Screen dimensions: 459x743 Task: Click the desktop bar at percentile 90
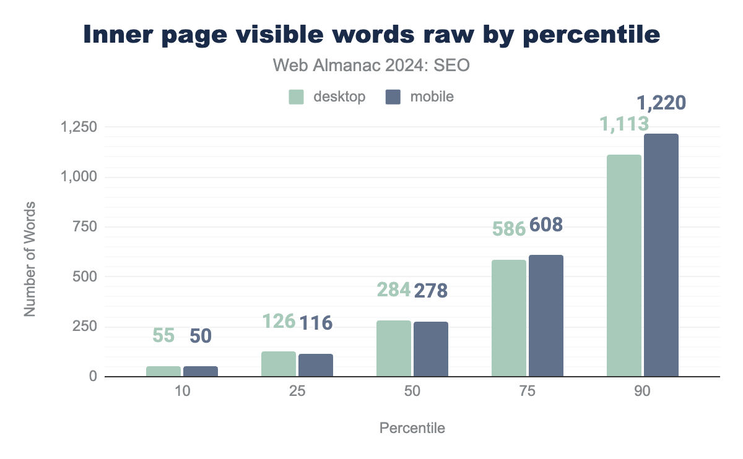[624, 265]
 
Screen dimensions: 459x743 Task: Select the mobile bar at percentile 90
[661, 255]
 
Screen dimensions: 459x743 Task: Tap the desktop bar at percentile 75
[509, 318]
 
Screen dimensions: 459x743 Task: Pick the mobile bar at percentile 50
[431, 349]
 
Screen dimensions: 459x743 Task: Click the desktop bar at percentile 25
[279, 364]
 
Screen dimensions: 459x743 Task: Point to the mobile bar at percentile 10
[201, 371]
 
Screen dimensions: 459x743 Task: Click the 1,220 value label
[661, 102]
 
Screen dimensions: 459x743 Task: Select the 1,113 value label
[624, 124]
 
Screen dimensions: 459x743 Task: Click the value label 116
[316, 322]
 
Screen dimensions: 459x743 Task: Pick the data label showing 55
[163, 336]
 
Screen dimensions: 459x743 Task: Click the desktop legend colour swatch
[296, 97]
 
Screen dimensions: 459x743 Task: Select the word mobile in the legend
[432, 97]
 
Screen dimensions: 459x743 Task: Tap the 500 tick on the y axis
[85, 277]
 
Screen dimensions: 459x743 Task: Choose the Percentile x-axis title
[412, 428]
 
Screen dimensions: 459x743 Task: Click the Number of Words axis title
[30, 259]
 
